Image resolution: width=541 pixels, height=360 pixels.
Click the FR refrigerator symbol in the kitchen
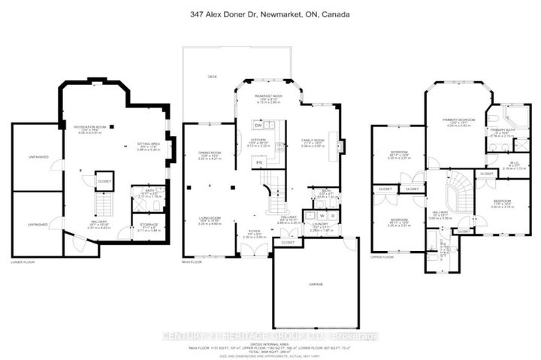click(260, 162)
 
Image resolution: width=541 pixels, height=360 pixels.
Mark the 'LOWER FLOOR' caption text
click(22, 261)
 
